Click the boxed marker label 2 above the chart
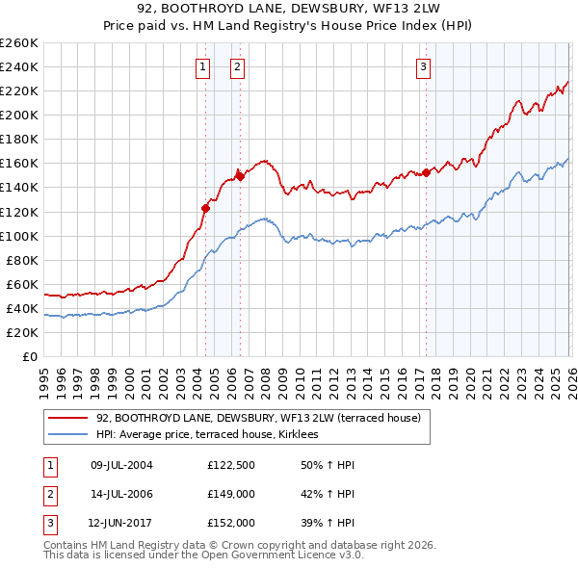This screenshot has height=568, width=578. (237, 67)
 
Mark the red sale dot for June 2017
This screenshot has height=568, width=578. (426, 173)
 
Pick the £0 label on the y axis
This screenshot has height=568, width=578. (31, 356)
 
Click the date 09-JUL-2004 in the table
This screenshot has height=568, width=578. (121, 465)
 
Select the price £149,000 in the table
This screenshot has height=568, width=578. (231, 494)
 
